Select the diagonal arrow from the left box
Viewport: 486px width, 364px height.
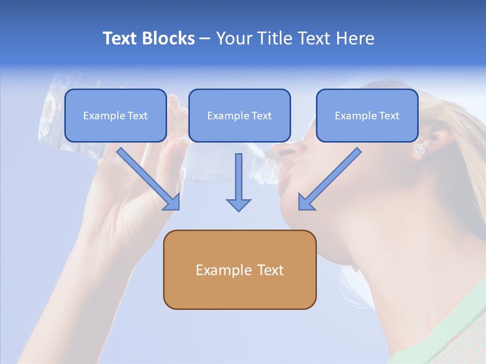(x=149, y=179)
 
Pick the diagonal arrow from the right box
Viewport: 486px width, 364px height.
(x=329, y=179)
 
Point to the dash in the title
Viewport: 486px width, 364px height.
(x=205, y=38)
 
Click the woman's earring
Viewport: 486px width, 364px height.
(x=420, y=150)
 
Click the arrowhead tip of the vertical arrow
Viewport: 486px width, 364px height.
(x=238, y=210)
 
